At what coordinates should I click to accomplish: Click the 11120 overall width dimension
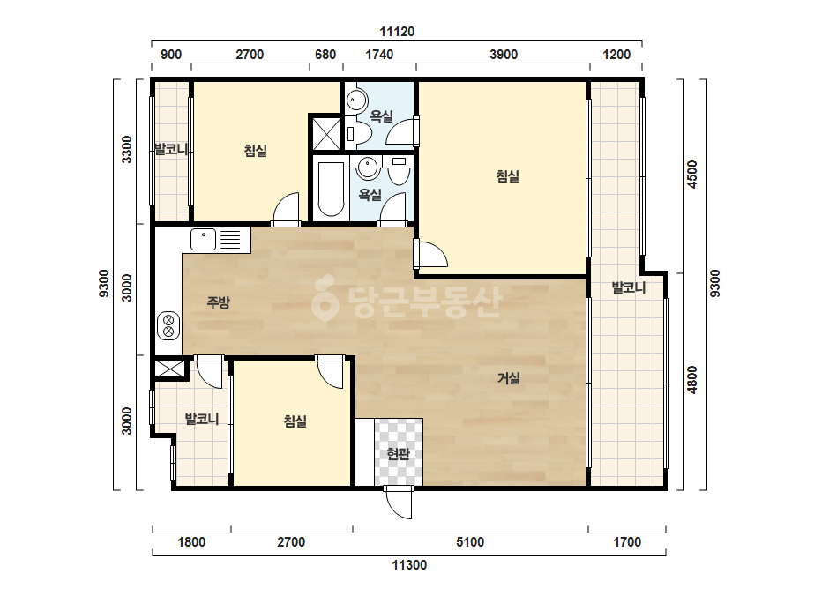pyautogui.click(x=397, y=32)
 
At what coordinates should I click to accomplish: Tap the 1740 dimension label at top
pyautogui.click(x=379, y=55)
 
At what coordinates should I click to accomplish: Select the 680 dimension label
pyautogui.click(x=325, y=55)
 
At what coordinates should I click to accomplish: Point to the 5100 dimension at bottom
pyautogui.click(x=470, y=542)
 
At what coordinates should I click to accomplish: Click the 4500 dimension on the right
pyautogui.click(x=692, y=175)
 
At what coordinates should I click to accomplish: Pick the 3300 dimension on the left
pyautogui.click(x=127, y=150)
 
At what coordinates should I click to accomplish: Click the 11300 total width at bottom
pyautogui.click(x=409, y=565)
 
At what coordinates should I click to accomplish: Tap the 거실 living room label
pyautogui.click(x=508, y=378)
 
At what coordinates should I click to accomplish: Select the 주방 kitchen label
pyautogui.click(x=218, y=302)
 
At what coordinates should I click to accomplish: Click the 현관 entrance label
pyautogui.click(x=398, y=454)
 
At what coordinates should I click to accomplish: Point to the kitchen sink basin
pyautogui.click(x=203, y=239)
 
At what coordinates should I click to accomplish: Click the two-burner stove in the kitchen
pyautogui.click(x=168, y=325)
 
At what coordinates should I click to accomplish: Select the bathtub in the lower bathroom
pyautogui.click(x=331, y=189)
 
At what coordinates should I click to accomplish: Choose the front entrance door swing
pyautogui.click(x=399, y=502)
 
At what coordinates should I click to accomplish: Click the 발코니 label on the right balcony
pyautogui.click(x=628, y=287)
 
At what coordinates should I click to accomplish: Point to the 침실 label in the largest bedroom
pyautogui.click(x=507, y=176)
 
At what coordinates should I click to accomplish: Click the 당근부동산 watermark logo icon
pyautogui.click(x=325, y=299)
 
